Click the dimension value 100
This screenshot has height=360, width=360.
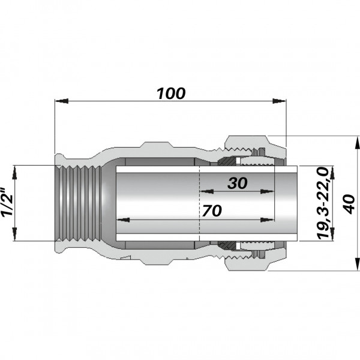171,94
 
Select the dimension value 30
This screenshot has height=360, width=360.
237,184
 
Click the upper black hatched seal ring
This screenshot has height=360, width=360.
226,161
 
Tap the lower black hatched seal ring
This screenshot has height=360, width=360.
226,246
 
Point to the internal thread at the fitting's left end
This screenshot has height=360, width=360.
75,203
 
